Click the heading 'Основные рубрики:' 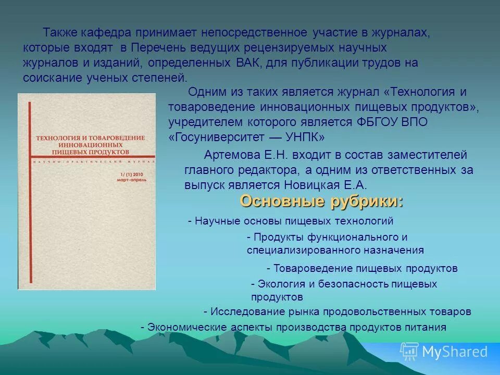(321, 202)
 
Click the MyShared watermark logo (444, 352)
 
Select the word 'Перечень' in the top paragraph (155, 48)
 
